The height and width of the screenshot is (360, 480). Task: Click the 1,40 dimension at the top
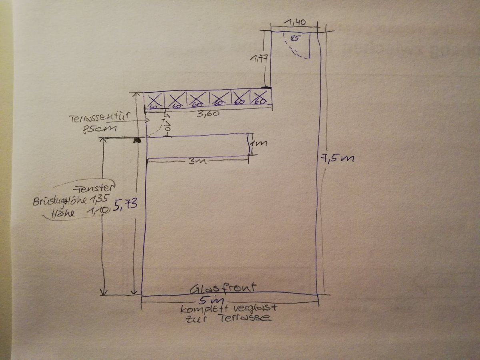pos(296,23)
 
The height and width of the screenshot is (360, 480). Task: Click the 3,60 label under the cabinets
pos(208,114)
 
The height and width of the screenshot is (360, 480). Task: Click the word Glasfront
pos(223,288)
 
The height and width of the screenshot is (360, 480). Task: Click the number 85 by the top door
pos(296,39)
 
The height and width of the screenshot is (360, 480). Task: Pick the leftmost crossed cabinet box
pos(154,100)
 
